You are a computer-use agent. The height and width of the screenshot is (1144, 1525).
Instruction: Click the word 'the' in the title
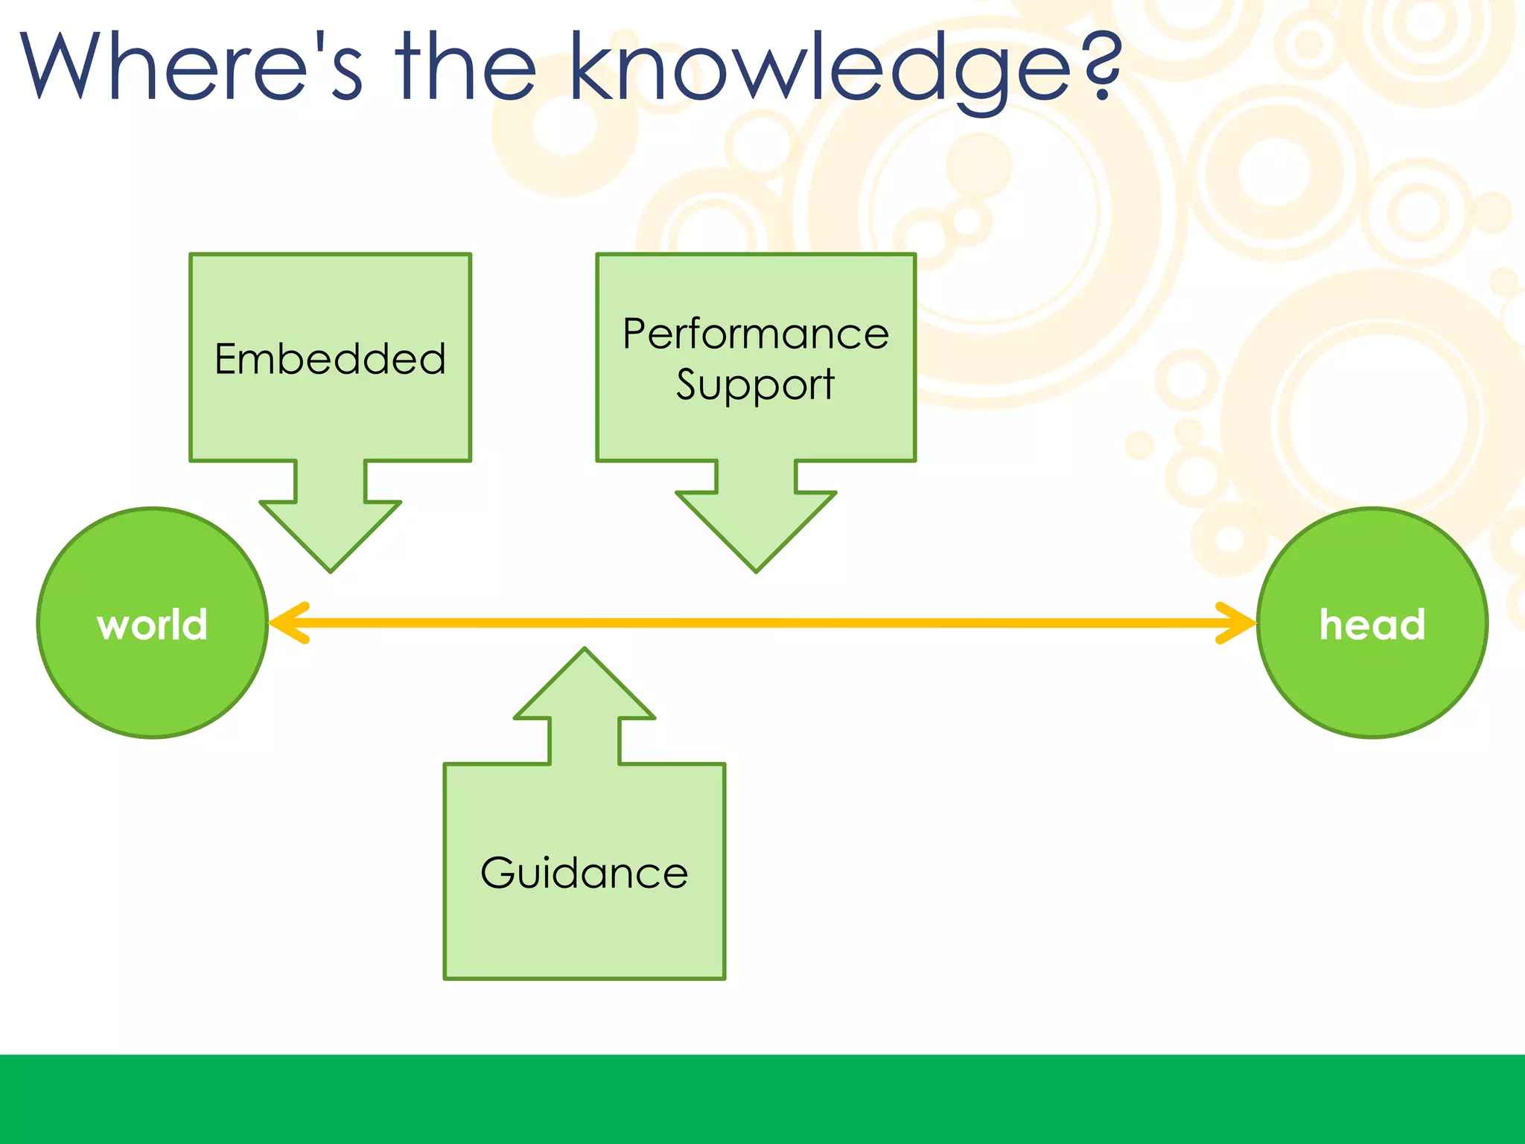pos(465,67)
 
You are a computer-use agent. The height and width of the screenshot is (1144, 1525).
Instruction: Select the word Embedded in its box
pos(330,359)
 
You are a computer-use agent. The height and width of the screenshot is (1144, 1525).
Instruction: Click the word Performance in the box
pos(756,334)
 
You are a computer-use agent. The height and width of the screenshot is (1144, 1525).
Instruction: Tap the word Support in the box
pos(755,386)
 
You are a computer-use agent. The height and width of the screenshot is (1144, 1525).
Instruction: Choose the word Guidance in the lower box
pos(585,873)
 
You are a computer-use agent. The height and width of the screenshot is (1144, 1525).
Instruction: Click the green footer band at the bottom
pos(762,1099)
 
